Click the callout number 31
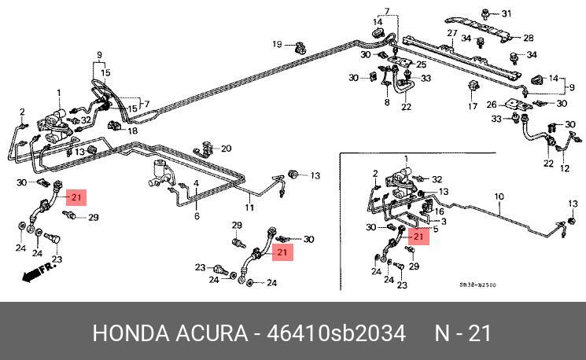(x=506, y=13)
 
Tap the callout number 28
(x=529, y=37)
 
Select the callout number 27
(x=452, y=33)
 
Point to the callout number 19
(x=277, y=43)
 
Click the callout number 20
(x=227, y=149)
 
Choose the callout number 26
(x=492, y=104)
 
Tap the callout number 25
(x=420, y=64)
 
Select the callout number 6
(x=197, y=215)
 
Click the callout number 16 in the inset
(x=440, y=212)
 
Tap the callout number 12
(x=564, y=167)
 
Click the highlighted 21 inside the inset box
(x=418, y=236)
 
